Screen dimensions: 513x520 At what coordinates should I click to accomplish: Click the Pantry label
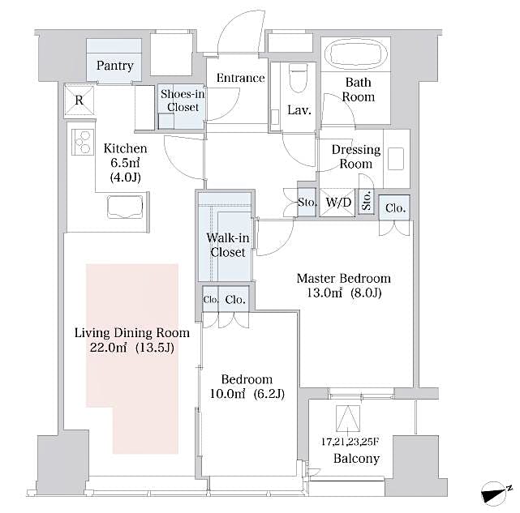point(114,66)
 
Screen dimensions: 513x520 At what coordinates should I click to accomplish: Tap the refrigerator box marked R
point(80,101)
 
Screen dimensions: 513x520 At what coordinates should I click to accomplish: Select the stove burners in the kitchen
point(82,143)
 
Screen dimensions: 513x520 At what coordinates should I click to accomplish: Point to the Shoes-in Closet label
point(183,100)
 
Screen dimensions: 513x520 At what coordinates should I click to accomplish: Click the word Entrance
point(240,79)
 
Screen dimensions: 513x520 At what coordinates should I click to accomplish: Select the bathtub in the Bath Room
point(357,56)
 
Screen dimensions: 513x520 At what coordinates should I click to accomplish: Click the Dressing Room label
point(356,156)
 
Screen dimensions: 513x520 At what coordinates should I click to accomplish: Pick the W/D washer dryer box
point(339,202)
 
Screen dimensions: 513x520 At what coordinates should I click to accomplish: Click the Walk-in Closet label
point(227,245)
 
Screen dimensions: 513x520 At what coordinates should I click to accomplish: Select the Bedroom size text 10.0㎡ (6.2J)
point(247,394)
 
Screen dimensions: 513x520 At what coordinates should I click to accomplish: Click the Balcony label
point(356,459)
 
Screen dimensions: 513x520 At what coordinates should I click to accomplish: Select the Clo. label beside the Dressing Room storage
point(395,207)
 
